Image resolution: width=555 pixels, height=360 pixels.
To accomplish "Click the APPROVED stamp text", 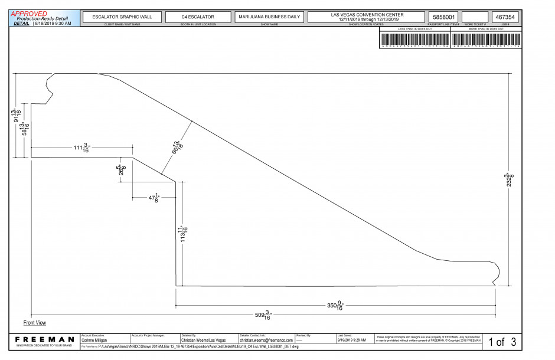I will [29, 14].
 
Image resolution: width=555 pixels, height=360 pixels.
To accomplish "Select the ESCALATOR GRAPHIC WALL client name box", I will [122, 17].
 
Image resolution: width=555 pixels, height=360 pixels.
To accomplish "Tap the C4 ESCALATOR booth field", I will [198, 17].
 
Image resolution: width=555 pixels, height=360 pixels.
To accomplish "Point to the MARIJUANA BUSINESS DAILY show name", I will [269, 17].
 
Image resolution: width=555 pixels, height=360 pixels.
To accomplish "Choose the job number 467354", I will [506, 18].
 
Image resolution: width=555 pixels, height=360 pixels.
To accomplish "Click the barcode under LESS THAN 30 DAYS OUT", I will [415, 40].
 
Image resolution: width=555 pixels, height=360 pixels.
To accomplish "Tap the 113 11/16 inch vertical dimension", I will [184, 234].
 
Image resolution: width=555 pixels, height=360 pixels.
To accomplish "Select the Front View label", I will [35, 323].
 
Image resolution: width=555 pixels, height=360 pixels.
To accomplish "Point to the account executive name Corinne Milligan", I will [94, 341].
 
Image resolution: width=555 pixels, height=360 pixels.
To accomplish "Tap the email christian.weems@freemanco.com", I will [266, 341].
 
